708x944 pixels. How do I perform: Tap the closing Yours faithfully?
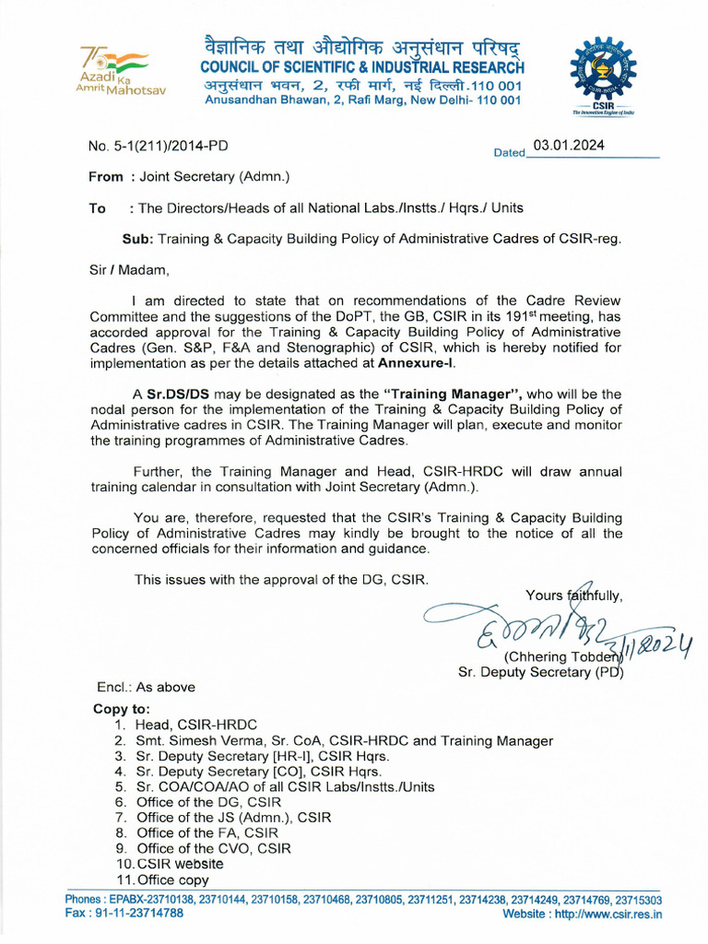coord(573,595)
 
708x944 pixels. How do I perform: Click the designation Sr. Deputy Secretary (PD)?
coord(540,672)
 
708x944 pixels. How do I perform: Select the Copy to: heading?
coord(121,709)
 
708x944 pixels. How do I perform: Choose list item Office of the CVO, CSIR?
coord(214,848)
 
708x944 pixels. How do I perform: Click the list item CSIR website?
coord(180,864)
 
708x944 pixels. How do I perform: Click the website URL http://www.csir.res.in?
coord(608,914)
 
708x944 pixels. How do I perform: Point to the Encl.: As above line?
coord(146,687)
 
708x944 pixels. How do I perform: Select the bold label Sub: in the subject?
coord(137,239)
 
